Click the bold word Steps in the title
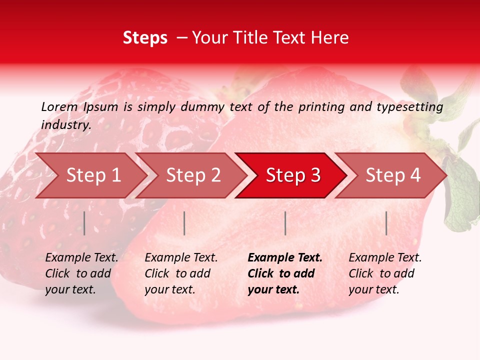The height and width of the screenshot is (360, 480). pyautogui.click(x=145, y=38)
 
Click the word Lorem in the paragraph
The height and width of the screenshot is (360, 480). pyautogui.click(x=59, y=106)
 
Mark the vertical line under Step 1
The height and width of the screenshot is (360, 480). pyautogui.click(x=84, y=223)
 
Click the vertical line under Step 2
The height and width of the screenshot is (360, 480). pyautogui.click(x=184, y=223)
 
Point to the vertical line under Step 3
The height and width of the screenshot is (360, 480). pyautogui.click(x=285, y=223)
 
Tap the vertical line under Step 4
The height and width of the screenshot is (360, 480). pyautogui.click(x=386, y=223)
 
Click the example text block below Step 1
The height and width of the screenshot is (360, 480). pyautogui.click(x=81, y=273)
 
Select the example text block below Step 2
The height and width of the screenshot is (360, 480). pyautogui.click(x=181, y=273)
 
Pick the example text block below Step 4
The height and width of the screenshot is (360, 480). pyautogui.click(x=385, y=273)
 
